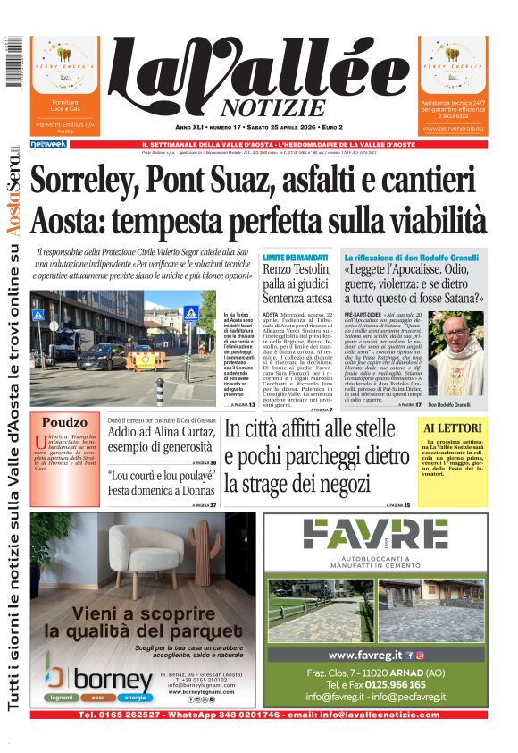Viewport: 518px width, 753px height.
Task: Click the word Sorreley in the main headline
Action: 90,182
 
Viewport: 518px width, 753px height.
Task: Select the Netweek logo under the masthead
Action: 47,144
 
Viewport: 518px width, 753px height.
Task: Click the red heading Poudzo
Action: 63,423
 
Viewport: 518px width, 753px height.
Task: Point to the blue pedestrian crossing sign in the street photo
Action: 191,312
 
